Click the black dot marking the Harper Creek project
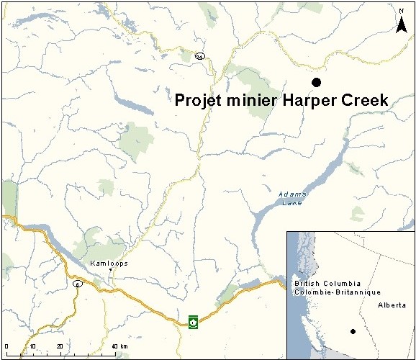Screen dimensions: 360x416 tap(315, 83)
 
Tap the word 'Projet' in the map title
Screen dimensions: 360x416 tap(199, 101)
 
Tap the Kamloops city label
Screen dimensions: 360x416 tap(109, 264)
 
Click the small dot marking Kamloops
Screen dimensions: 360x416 tap(110, 271)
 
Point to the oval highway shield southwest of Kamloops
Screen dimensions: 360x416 tap(77, 284)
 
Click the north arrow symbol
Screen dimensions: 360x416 tap(402, 24)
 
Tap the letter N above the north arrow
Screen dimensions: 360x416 tap(402, 11)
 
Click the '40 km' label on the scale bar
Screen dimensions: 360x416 tap(119, 347)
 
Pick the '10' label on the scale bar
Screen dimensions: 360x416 tap(32, 347)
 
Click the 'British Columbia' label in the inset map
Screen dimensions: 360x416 tap(322, 285)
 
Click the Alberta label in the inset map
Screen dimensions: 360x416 tap(392, 305)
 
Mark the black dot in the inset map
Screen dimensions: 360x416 tap(353, 331)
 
